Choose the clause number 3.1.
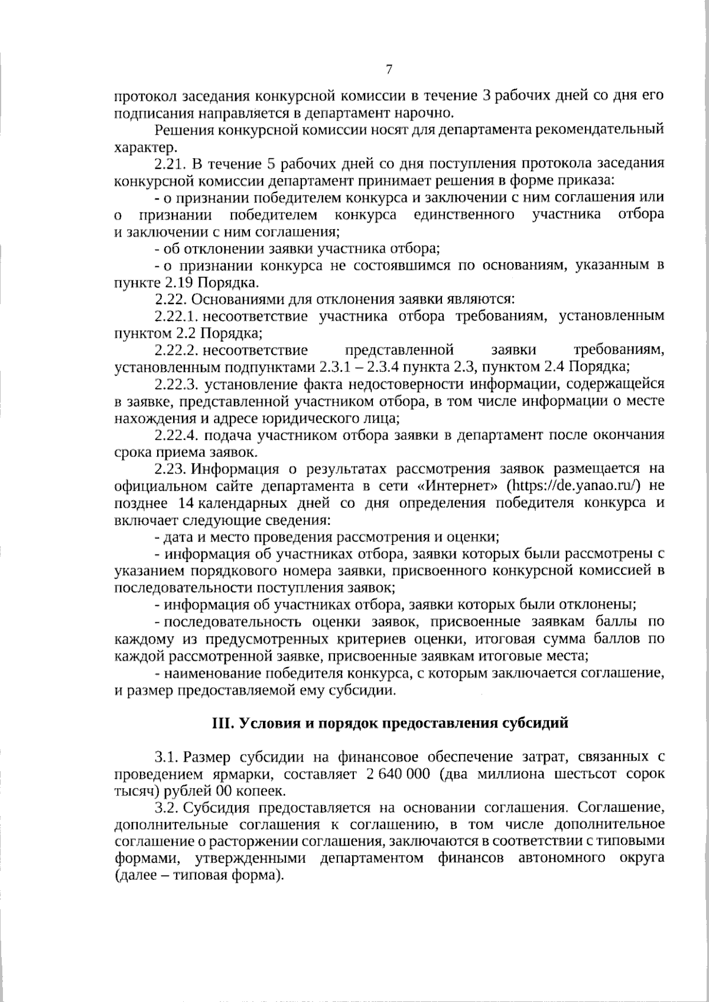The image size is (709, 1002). point(166,757)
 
